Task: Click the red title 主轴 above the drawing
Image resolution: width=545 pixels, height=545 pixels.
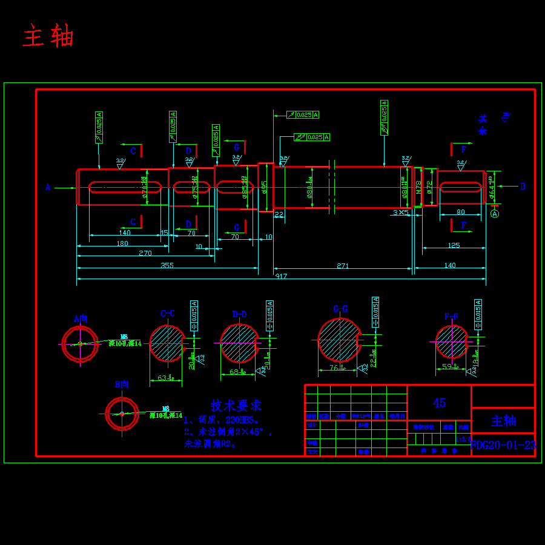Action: (x=48, y=37)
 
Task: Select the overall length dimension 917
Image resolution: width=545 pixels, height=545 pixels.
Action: (x=281, y=276)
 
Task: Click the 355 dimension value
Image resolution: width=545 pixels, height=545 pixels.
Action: (x=167, y=265)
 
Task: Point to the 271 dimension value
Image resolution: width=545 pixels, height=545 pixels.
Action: (x=342, y=265)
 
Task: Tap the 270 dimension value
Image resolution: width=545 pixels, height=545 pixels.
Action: (x=145, y=253)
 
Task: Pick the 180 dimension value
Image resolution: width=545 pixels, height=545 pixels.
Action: (x=122, y=243)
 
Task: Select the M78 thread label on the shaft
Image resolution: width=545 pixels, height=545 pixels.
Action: (x=418, y=187)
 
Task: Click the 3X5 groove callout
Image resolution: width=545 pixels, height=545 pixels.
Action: (x=400, y=213)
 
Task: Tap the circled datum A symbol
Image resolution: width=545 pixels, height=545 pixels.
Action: (x=495, y=213)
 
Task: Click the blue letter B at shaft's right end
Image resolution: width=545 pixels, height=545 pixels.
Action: (x=523, y=187)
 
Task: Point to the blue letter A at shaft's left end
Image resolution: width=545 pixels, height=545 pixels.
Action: (x=48, y=187)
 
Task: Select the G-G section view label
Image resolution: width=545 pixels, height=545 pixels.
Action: (x=340, y=309)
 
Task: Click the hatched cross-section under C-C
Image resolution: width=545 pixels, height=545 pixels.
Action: (x=167, y=343)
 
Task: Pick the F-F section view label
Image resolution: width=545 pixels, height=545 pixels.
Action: (x=451, y=316)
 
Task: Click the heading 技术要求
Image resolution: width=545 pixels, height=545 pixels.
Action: (x=236, y=405)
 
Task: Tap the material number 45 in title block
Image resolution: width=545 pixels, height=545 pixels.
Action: (x=439, y=403)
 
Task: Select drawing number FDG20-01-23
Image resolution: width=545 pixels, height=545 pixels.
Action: (x=503, y=445)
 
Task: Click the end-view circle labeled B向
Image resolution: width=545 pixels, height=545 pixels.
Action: (x=122, y=414)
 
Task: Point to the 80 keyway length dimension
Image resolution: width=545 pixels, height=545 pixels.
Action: (x=461, y=212)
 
